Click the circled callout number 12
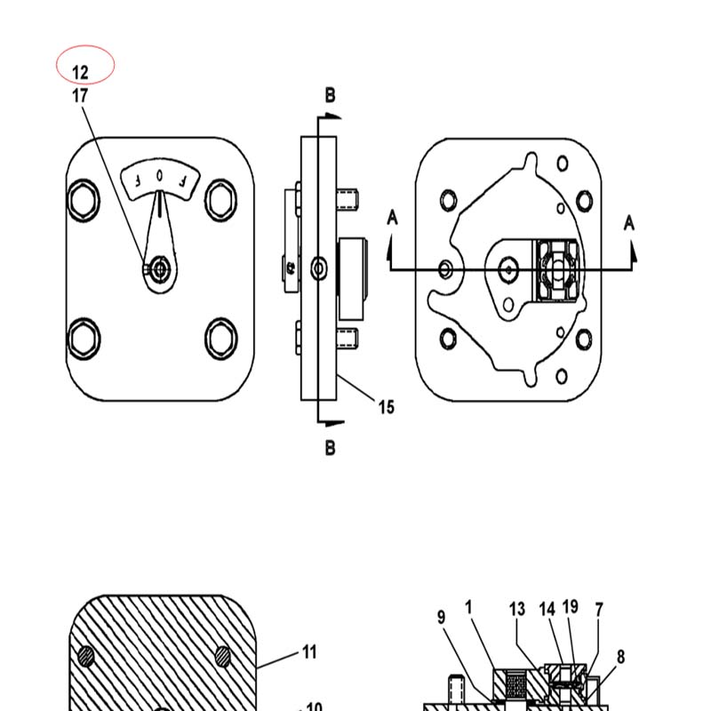coord(80,73)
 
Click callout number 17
coord(80,96)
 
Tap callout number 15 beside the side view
coord(387,407)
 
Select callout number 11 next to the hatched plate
coord(309,651)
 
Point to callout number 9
coord(441,617)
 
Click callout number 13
coord(517,609)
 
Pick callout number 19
coord(570,606)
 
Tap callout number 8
coord(620,656)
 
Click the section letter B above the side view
coord(330,95)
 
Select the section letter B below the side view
coord(330,448)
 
